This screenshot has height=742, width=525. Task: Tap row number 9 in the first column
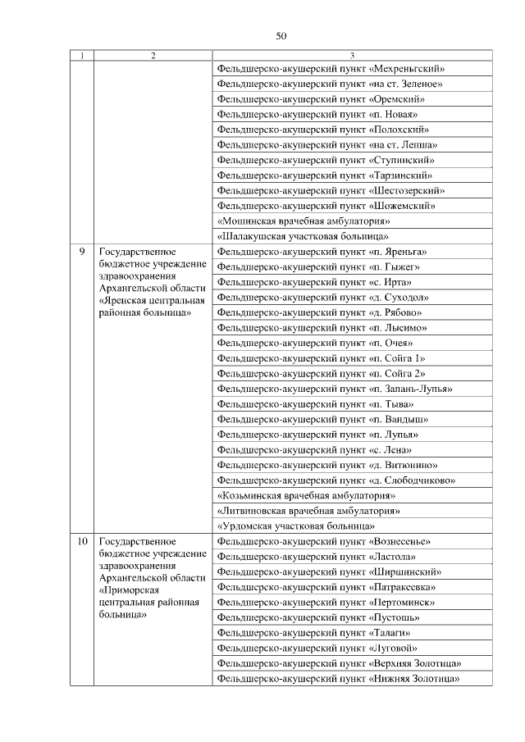[x=81, y=252]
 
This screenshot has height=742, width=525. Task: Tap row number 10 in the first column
[x=81, y=542]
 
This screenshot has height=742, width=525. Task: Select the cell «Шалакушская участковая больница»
[x=303, y=237]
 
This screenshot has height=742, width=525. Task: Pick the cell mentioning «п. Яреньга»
[x=322, y=252]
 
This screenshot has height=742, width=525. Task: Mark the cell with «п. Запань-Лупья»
[x=336, y=389]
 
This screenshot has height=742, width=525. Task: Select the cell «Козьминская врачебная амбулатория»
[x=307, y=496]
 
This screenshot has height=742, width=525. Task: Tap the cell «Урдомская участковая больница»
[x=296, y=526]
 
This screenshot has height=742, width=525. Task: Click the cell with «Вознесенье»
[x=324, y=542]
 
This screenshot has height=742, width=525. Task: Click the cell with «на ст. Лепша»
[x=326, y=145]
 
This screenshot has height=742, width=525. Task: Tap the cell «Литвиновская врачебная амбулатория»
[x=308, y=511]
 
